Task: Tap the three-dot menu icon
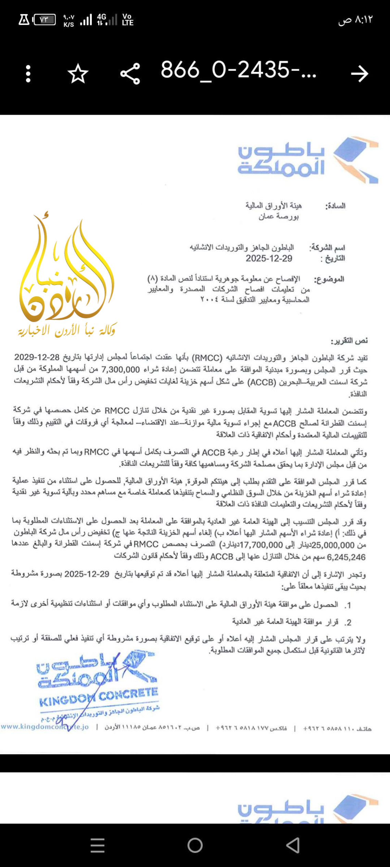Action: tap(28, 74)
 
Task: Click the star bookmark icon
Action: tap(78, 74)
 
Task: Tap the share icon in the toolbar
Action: tap(130, 74)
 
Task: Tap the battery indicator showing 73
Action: tap(44, 20)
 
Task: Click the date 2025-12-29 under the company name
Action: tap(269, 259)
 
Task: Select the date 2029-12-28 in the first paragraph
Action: tap(37, 357)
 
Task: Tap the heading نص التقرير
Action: tap(349, 341)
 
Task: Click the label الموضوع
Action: tap(329, 279)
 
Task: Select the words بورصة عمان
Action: tap(278, 217)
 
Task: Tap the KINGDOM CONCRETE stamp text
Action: tap(99, 697)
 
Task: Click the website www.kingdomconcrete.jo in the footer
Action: tap(45, 727)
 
